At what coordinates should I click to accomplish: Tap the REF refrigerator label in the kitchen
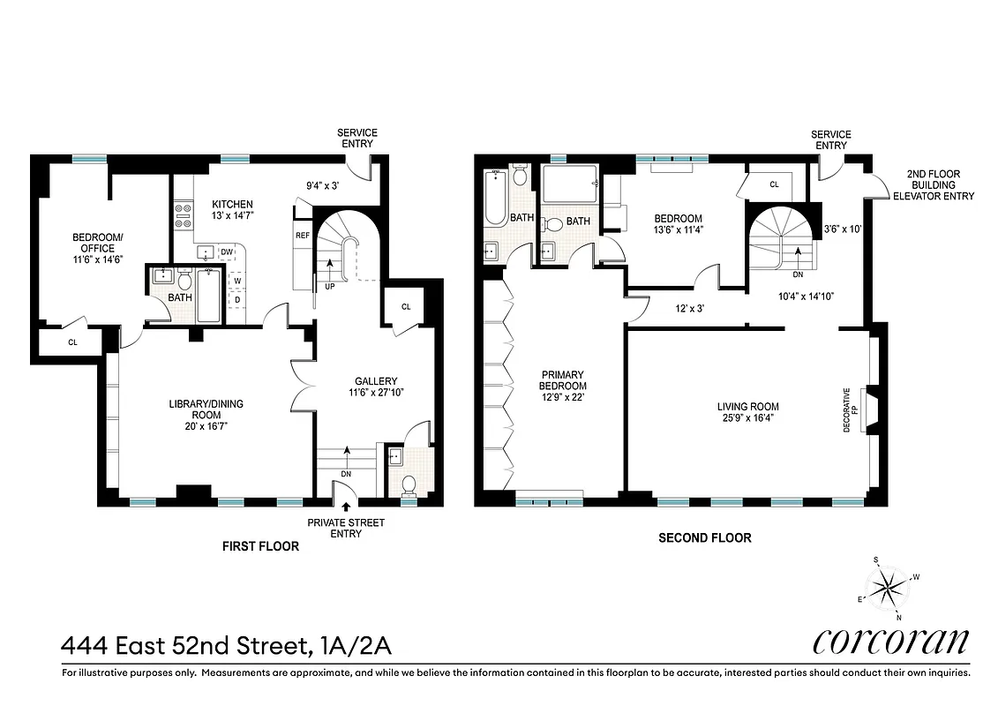pyautogui.click(x=303, y=236)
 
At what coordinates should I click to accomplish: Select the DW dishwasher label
pyautogui.click(x=226, y=252)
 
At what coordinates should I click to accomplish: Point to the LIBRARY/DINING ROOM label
pyautogui.click(x=206, y=409)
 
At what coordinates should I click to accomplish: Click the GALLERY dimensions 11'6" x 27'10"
pyautogui.click(x=377, y=393)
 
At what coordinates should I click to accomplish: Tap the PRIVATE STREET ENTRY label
pyautogui.click(x=346, y=528)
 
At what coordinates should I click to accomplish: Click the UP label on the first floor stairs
pyautogui.click(x=330, y=286)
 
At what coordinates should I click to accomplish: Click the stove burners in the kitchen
pyautogui.click(x=183, y=216)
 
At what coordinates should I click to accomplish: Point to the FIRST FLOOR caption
pyautogui.click(x=259, y=546)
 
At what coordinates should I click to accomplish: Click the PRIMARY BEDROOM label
pyautogui.click(x=562, y=386)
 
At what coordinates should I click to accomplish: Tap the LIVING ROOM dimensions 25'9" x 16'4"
pyautogui.click(x=747, y=418)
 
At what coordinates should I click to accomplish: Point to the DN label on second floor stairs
pyautogui.click(x=797, y=274)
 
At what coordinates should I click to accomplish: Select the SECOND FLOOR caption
pyautogui.click(x=705, y=537)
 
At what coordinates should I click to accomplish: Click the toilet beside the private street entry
pyautogui.click(x=409, y=485)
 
